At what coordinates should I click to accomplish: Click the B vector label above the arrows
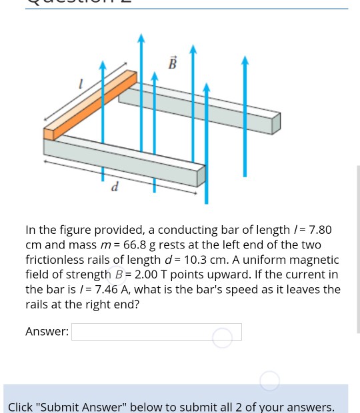coord(173,63)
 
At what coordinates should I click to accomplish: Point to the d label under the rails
coord(115,187)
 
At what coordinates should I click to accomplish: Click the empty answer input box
coord(156,332)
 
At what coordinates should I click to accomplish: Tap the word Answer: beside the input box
coord(47,332)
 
